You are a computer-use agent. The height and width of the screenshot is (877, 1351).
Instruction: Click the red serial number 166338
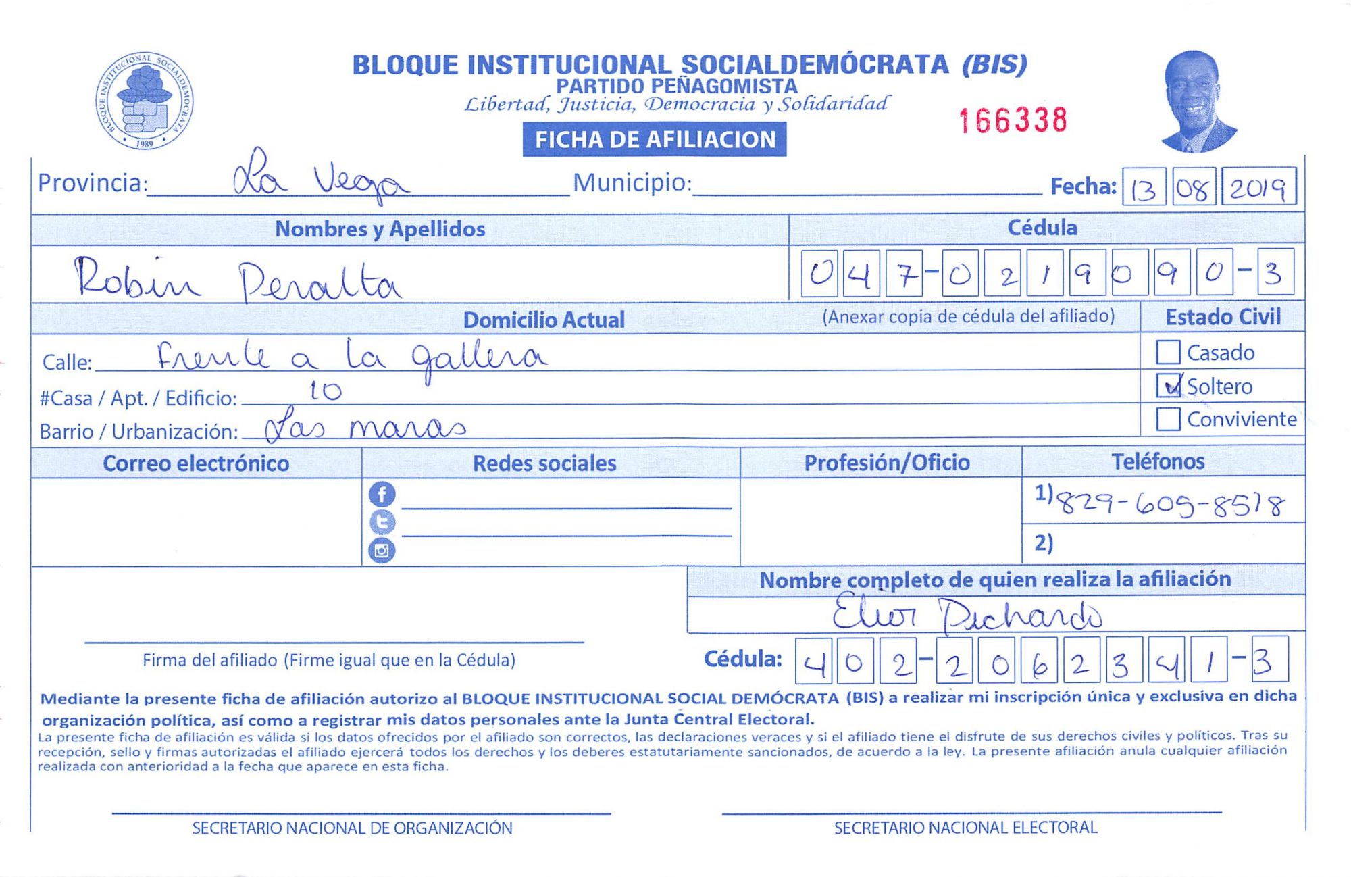(x=1013, y=121)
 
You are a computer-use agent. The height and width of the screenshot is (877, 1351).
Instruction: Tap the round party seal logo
(x=144, y=101)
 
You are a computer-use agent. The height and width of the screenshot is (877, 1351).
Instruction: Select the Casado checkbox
(x=1168, y=352)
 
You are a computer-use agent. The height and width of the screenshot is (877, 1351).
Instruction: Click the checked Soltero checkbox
(x=1169, y=386)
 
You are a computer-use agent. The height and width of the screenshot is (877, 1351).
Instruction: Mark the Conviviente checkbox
(x=1168, y=419)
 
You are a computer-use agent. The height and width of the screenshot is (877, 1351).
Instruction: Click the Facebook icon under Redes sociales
(x=382, y=495)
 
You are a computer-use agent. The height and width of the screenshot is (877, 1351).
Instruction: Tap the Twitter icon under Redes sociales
(x=382, y=522)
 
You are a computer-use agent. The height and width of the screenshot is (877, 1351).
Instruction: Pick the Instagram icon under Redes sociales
(x=382, y=551)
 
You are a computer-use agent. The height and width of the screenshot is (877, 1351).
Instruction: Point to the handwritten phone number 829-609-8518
(x=1169, y=504)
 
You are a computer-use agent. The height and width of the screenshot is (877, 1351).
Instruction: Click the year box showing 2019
(x=1258, y=187)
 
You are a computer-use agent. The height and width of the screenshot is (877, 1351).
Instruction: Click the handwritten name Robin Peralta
(x=236, y=280)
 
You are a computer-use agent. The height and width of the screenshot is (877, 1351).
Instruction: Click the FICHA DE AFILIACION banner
(x=654, y=139)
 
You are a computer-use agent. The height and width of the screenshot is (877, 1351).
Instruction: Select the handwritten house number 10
(x=325, y=391)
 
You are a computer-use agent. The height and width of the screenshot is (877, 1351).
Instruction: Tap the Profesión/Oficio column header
(x=886, y=463)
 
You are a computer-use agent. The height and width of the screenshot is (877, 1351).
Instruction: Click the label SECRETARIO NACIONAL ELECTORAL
(x=965, y=828)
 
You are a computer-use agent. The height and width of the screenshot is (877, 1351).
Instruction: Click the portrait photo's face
(x=1192, y=95)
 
